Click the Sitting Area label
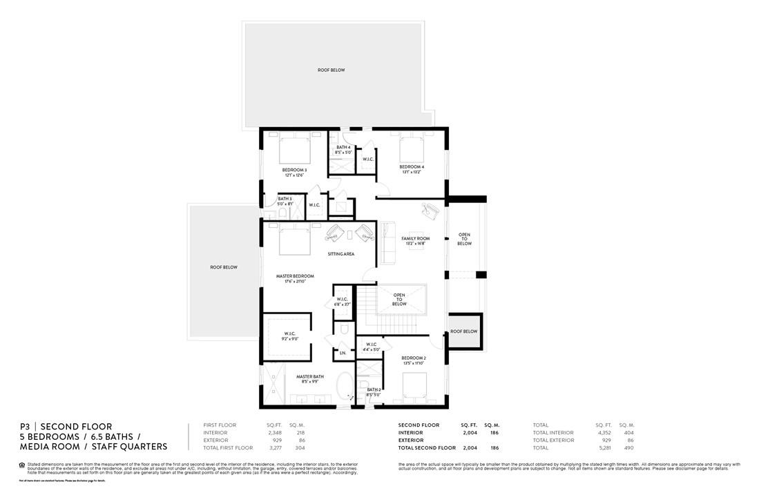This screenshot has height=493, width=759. click(341, 254)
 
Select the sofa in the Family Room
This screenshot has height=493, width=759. click(387, 242)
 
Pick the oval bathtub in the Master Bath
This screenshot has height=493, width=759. click(344, 387)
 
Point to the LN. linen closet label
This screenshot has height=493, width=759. click(343, 354)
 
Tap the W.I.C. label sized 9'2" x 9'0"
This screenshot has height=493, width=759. click(289, 337)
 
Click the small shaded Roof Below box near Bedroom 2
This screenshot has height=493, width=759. click(464, 331)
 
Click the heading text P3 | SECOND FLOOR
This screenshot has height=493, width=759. click(66, 427)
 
